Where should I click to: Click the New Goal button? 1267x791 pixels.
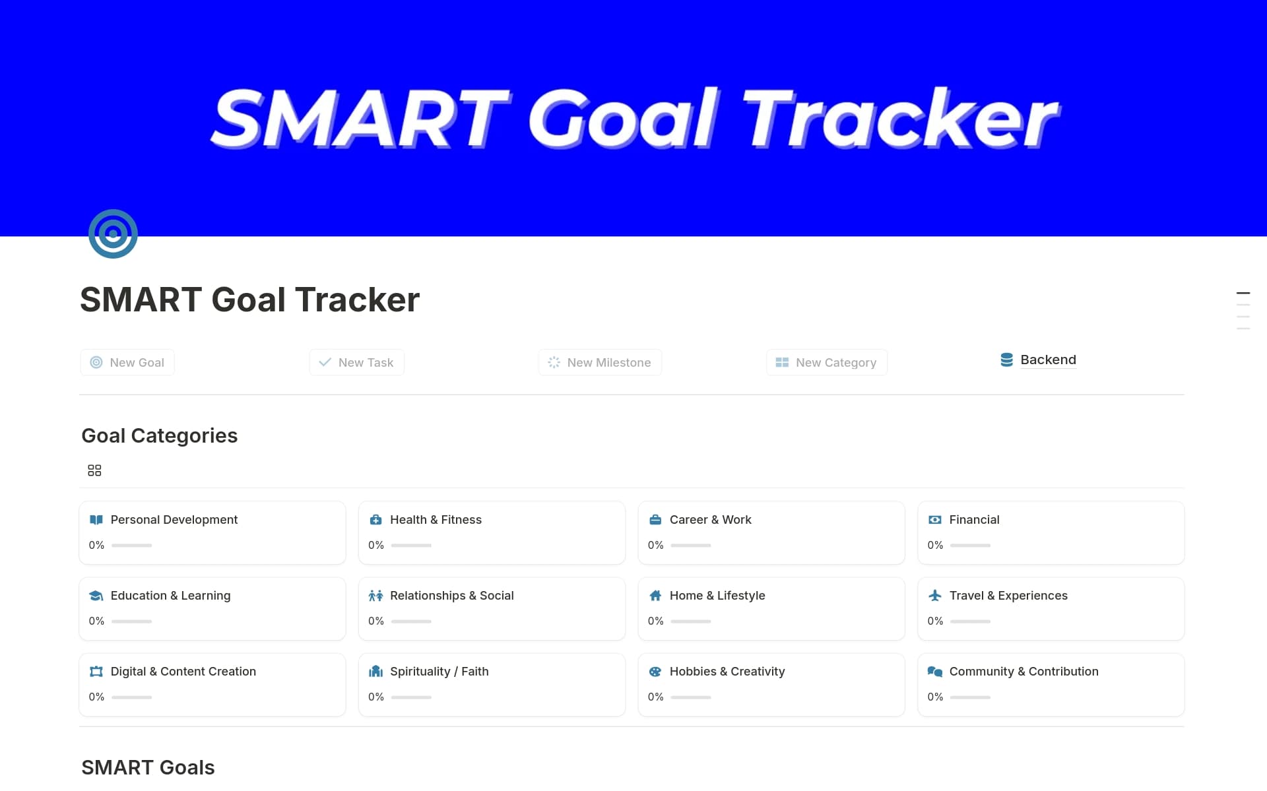127,362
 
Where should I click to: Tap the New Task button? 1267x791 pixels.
356,362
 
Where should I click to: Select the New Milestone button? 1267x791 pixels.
599,362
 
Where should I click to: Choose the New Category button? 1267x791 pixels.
826,362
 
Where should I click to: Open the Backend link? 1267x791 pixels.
1047,360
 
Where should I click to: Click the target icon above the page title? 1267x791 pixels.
113,234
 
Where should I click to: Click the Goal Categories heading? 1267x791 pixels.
159,435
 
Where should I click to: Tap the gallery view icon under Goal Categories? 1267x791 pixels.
94,470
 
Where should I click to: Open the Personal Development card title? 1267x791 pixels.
174,520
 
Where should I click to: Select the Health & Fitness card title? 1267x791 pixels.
436,520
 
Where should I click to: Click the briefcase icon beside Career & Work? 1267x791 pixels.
655,520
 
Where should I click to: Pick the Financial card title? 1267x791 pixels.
974,520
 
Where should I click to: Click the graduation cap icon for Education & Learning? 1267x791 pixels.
96,596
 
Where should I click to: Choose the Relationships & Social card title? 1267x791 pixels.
451,596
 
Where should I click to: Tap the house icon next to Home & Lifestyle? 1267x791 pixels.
655,596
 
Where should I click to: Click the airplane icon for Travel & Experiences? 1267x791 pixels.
935,596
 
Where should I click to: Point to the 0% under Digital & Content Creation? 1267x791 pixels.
96,697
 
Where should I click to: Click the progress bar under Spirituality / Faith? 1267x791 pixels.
411,697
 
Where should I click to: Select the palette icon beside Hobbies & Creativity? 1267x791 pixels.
655,672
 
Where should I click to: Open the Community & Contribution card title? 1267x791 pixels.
1023,672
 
